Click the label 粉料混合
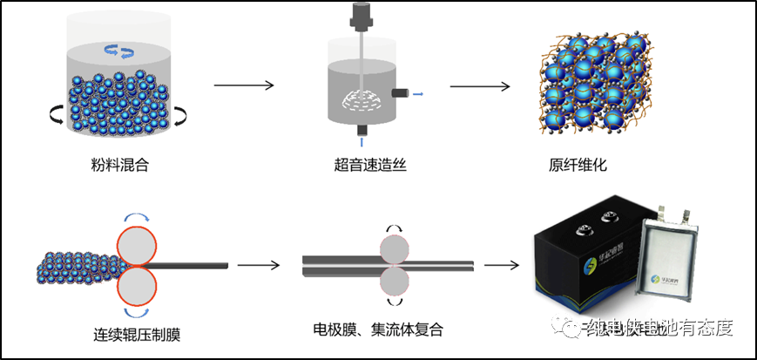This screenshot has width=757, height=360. click(x=118, y=164)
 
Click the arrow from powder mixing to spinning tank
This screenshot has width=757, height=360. click(x=244, y=85)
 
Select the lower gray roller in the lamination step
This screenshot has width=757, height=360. click(x=394, y=282)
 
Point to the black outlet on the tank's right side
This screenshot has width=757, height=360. click(x=400, y=93)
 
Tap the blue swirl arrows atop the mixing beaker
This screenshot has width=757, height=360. click(x=118, y=51)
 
